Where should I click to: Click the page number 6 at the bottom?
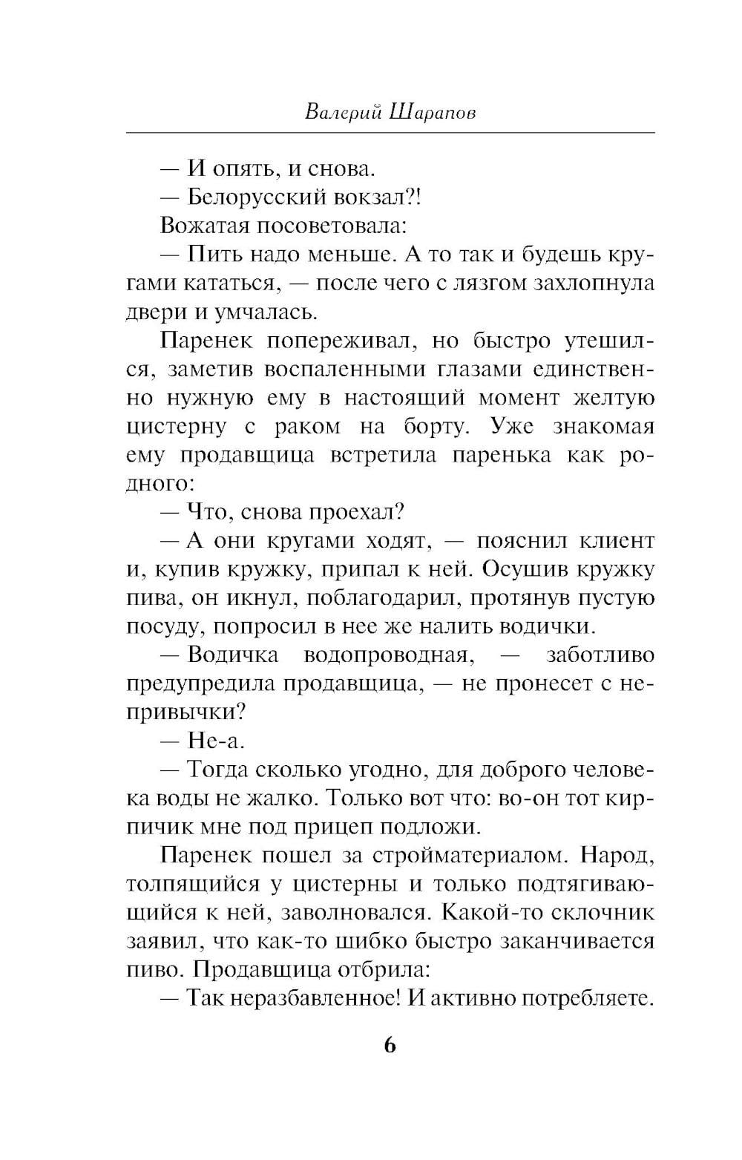coord(390,1046)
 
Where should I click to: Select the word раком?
coord(308,426)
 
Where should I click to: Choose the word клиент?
coord(617,540)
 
